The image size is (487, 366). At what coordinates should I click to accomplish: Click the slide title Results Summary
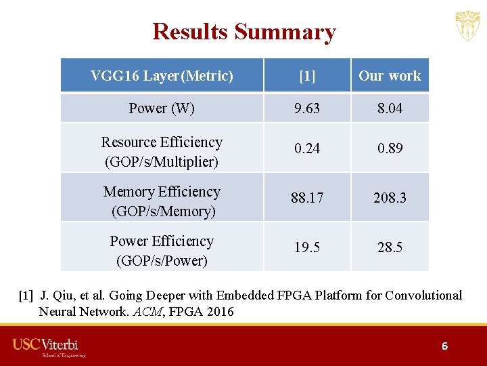[x=243, y=32]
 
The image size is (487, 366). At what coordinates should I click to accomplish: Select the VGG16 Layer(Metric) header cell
[x=162, y=76]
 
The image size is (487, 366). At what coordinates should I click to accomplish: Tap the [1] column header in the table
[x=307, y=76]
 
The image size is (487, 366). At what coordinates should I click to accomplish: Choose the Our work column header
[x=390, y=76]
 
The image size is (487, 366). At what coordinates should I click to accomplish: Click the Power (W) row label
[x=162, y=108]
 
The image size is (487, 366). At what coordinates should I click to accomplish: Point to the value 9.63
[x=307, y=108]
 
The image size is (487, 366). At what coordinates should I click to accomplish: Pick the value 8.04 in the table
[x=390, y=108]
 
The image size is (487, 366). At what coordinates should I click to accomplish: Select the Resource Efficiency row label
[x=162, y=151]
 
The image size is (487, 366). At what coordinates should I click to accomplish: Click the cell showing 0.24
[x=307, y=148]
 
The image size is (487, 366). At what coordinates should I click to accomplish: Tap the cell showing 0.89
[x=390, y=148]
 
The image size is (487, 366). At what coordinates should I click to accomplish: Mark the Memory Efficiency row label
[x=162, y=201]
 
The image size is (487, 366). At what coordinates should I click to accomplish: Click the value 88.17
[x=307, y=198]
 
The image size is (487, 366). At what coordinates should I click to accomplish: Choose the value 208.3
[x=390, y=198]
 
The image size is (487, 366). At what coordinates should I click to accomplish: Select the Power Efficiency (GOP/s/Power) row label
[x=162, y=251]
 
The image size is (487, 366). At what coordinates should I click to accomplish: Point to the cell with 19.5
[x=307, y=247]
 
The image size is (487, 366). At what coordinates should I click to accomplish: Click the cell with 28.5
[x=390, y=247]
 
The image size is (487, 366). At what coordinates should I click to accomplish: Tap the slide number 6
[x=444, y=346]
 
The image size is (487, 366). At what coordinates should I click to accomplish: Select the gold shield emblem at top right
[x=467, y=26]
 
